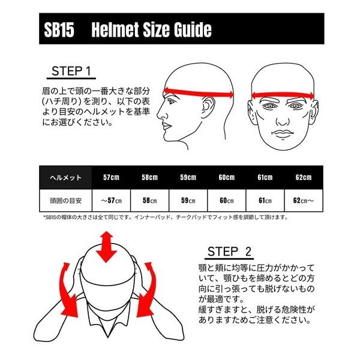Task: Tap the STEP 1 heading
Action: click(x=70, y=73)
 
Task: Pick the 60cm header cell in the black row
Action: click(x=226, y=178)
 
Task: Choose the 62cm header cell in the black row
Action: click(x=303, y=178)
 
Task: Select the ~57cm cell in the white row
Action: click(x=111, y=199)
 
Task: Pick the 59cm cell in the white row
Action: click(x=188, y=199)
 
